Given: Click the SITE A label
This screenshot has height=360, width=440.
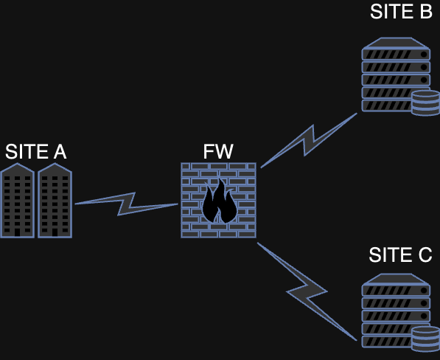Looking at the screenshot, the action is pos(36,152).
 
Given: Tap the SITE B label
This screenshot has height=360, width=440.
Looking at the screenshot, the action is pos(401,12).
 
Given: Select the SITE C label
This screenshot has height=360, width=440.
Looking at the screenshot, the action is pos(400,255).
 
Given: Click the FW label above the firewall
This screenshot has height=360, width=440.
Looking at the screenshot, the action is pos(218,152).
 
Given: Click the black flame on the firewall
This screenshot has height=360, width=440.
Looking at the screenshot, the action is pos(220,201).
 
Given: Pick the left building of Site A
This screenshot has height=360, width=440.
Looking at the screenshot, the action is pos(18,201).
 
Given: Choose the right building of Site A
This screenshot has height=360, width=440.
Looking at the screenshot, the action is pos(55,201).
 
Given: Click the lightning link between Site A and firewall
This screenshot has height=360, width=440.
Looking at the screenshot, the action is pos(126,204).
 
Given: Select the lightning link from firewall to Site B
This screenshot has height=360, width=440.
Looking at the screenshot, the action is pos(309,140).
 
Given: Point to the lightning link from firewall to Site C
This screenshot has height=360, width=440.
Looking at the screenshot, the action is pos(307,292).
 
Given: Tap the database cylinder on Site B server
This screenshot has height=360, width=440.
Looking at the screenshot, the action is pos(426,103).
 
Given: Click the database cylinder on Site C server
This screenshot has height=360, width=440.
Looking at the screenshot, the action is pos(426,339).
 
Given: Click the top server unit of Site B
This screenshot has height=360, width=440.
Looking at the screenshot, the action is pos(396,54).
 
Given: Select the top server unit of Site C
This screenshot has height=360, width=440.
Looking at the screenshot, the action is pos(396,290).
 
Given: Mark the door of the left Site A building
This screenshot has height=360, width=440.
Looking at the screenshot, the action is pos(18,232).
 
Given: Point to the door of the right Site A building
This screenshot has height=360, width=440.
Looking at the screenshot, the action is pos(55,232).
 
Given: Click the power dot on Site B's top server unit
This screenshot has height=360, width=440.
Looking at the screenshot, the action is pos(424,54).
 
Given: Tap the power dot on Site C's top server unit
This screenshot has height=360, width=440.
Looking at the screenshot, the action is pos(424,290).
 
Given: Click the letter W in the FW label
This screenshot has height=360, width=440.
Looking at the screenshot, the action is pos(224,152).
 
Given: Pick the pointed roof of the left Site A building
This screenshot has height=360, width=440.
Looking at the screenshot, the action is pos(18,168).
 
